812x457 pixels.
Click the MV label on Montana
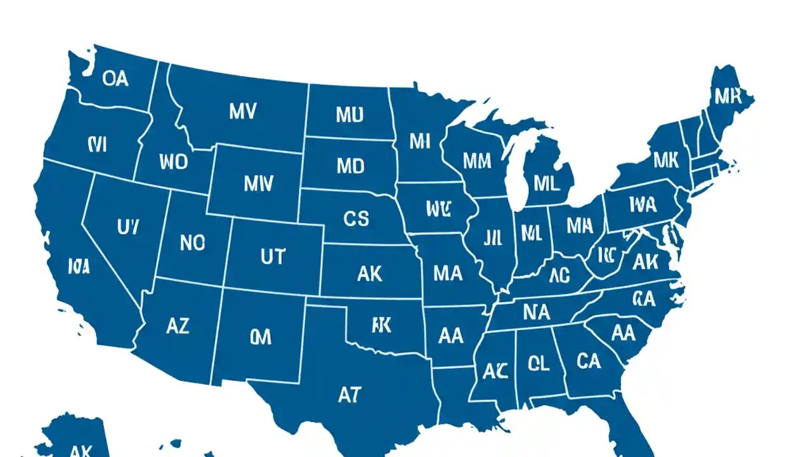click(x=243, y=112)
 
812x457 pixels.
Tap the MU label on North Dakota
click(x=350, y=115)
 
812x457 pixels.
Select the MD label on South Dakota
click(x=350, y=166)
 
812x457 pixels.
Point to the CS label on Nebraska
click(x=356, y=219)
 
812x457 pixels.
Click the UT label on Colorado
click(x=273, y=256)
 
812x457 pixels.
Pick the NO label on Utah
click(x=193, y=242)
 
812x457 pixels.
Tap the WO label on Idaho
click(x=174, y=162)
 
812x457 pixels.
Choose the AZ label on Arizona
click(x=178, y=326)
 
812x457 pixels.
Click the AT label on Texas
click(x=349, y=395)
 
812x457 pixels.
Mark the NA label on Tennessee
click(x=536, y=312)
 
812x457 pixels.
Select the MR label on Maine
click(x=728, y=96)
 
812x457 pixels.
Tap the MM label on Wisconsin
click(x=477, y=161)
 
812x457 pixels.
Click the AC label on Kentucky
click(x=559, y=275)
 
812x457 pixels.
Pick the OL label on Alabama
click(x=538, y=363)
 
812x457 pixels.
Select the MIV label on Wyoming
click(x=258, y=184)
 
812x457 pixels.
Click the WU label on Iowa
click(x=437, y=209)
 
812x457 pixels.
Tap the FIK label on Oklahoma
click(x=381, y=326)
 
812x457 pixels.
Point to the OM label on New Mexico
click(x=260, y=337)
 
